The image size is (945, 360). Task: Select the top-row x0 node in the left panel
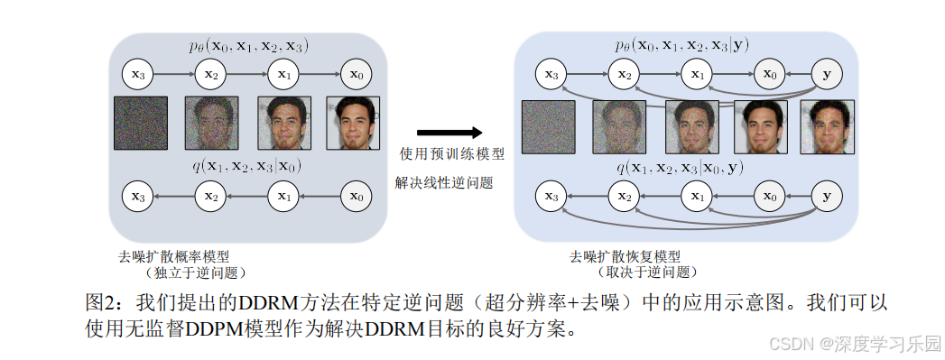357,74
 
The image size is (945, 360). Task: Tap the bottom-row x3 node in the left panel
138,195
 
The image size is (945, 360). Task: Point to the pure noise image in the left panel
140,124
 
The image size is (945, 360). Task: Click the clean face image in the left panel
355,124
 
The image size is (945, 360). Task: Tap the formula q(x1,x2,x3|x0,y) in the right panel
680,166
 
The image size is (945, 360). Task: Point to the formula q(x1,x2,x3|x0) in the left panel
246,165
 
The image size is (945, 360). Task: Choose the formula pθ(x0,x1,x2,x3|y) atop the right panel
680,45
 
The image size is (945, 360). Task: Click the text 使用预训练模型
451,154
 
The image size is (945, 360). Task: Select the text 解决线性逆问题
444,182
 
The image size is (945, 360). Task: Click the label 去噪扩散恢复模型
624,256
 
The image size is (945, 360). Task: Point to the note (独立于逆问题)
193,272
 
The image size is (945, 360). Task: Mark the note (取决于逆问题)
647,272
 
